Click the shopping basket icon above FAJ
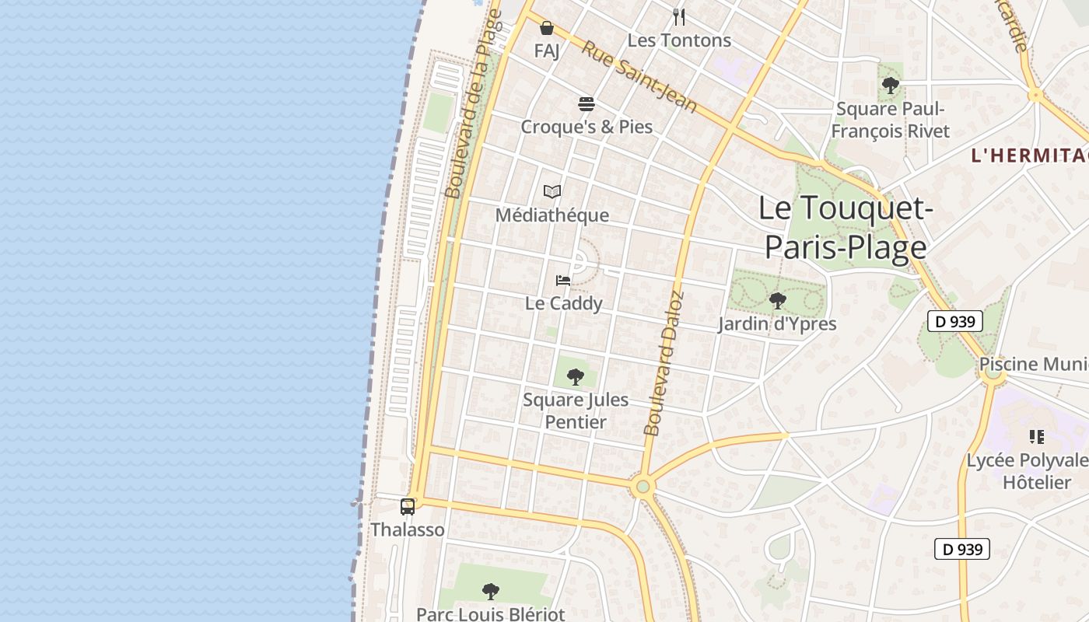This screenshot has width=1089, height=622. click(x=547, y=29)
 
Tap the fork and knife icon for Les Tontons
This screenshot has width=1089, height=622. click(x=679, y=16)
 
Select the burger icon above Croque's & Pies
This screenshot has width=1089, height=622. click(x=587, y=104)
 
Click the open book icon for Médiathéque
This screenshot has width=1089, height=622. click(x=552, y=191)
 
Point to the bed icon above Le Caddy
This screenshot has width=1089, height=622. click(x=563, y=280)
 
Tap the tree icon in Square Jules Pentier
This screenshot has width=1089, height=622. click(x=576, y=377)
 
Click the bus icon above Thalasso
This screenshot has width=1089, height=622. click(x=408, y=507)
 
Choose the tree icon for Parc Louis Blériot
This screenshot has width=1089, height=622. click(x=490, y=592)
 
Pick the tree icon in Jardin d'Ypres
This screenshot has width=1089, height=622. click(x=776, y=301)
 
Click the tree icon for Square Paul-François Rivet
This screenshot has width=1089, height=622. click(x=891, y=86)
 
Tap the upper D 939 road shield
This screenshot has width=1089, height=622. click(x=954, y=321)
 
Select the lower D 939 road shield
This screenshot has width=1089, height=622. click(x=962, y=549)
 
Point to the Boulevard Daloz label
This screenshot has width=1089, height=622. click(x=663, y=363)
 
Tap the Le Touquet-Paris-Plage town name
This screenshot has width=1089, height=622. click(x=846, y=228)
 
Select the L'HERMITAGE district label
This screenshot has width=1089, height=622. click(x=1029, y=155)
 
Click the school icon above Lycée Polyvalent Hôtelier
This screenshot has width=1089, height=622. click(x=1036, y=437)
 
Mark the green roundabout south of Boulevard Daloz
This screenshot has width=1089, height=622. click(x=642, y=487)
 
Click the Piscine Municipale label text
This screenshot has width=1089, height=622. click(x=1033, y=364)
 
